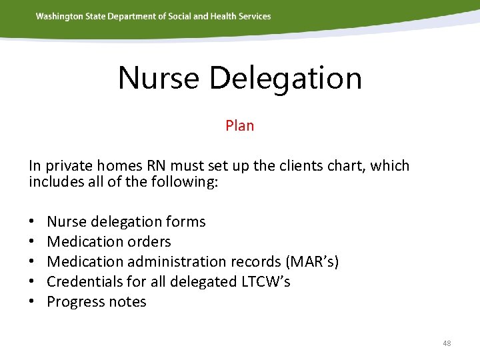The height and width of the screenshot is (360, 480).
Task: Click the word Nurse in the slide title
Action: pos(159,78)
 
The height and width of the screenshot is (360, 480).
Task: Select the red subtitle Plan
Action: pos(239,125)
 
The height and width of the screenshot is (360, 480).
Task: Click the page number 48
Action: pos(447,343)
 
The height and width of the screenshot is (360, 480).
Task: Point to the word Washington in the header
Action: pos(60,16)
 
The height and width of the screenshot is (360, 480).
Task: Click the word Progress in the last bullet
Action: pos(75,301)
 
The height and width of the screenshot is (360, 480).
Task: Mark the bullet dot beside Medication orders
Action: pos(32,242)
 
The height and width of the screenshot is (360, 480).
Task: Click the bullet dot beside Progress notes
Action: pos(32,302)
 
